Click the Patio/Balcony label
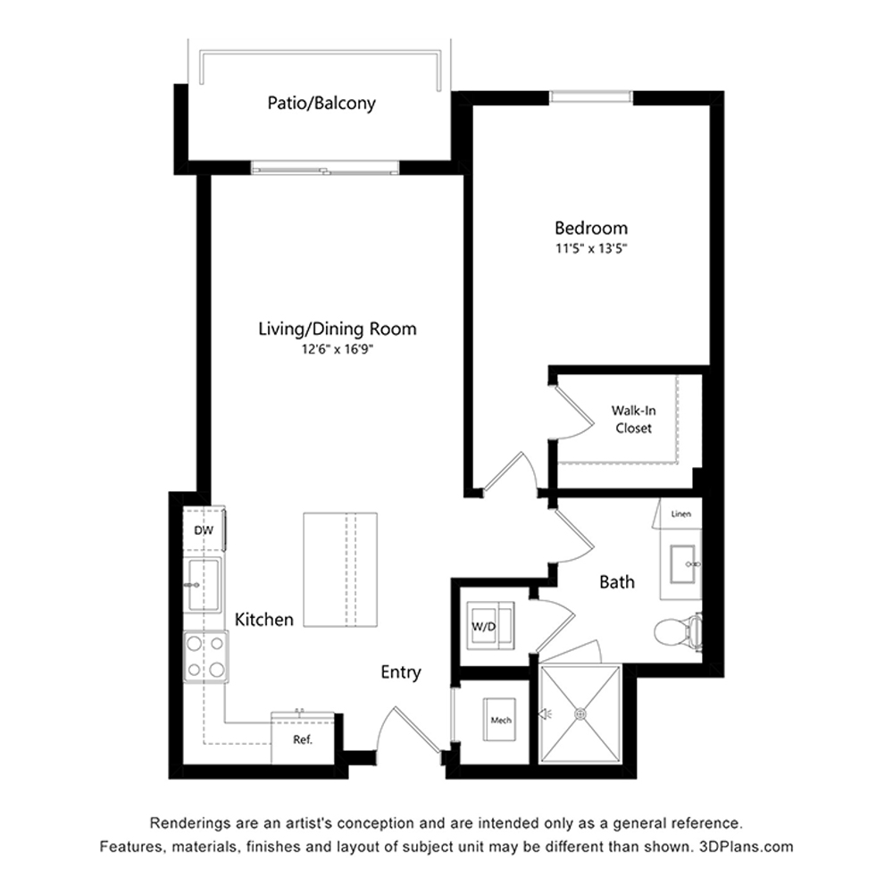click(x=321, y=103)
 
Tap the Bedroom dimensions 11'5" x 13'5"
click(x=591, y=248)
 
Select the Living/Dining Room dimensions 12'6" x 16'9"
click(x=338, y=348)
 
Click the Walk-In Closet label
click(x=633, y=419)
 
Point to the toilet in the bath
click(x=678, y=631)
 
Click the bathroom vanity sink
click(x=682, y=564)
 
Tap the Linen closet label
click(x=681, y=513)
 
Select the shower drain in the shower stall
click(x=580, y=713)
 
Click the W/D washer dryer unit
click(x=490, y=626)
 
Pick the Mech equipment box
click(x=500, y=720)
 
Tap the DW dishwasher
click(x=204, y=530)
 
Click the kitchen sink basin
click(x=204, y=585)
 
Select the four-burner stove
click(x=205, y=656)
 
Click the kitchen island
click(x=340, y=570)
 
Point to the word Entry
click(x=401, y=672)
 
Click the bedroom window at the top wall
click(x=591, y=96)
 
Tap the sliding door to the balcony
click(x=325, y=168)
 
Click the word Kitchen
click(x=264, y=620)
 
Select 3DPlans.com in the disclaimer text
click(x=746, y=847)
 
